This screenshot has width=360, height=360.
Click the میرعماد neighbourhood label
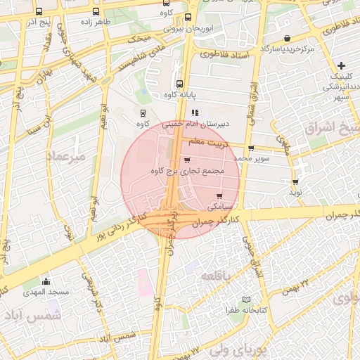pyautogui.click(x=67, y=156)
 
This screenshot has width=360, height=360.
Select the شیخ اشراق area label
pyautogui.click(x=331, y=129)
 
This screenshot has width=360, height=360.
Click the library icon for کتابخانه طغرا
pyautogui.click(x=245, y=300)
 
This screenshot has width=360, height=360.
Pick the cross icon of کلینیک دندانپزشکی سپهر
pyautogui.click(x=341, y=65)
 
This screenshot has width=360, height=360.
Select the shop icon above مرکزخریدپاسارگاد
pyautogui.click(x=287, y=39)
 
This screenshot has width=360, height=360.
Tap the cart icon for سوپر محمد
pyautogui.click(x=251, y=148)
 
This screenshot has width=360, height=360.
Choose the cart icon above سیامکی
pyautogui.click(x=220, y=196)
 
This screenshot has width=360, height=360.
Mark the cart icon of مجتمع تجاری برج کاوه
pyautogui.click(x=186, y=160)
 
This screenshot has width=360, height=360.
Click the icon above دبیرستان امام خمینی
pyautogui.click(x=195, y=112)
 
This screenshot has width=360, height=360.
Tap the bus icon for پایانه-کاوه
pyautogui.click(x=179, y=84)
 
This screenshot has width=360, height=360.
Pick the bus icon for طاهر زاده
pyautogui.click(x=95, y=12)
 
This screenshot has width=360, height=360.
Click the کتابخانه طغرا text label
pyautogui.click(x=243, y=309)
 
